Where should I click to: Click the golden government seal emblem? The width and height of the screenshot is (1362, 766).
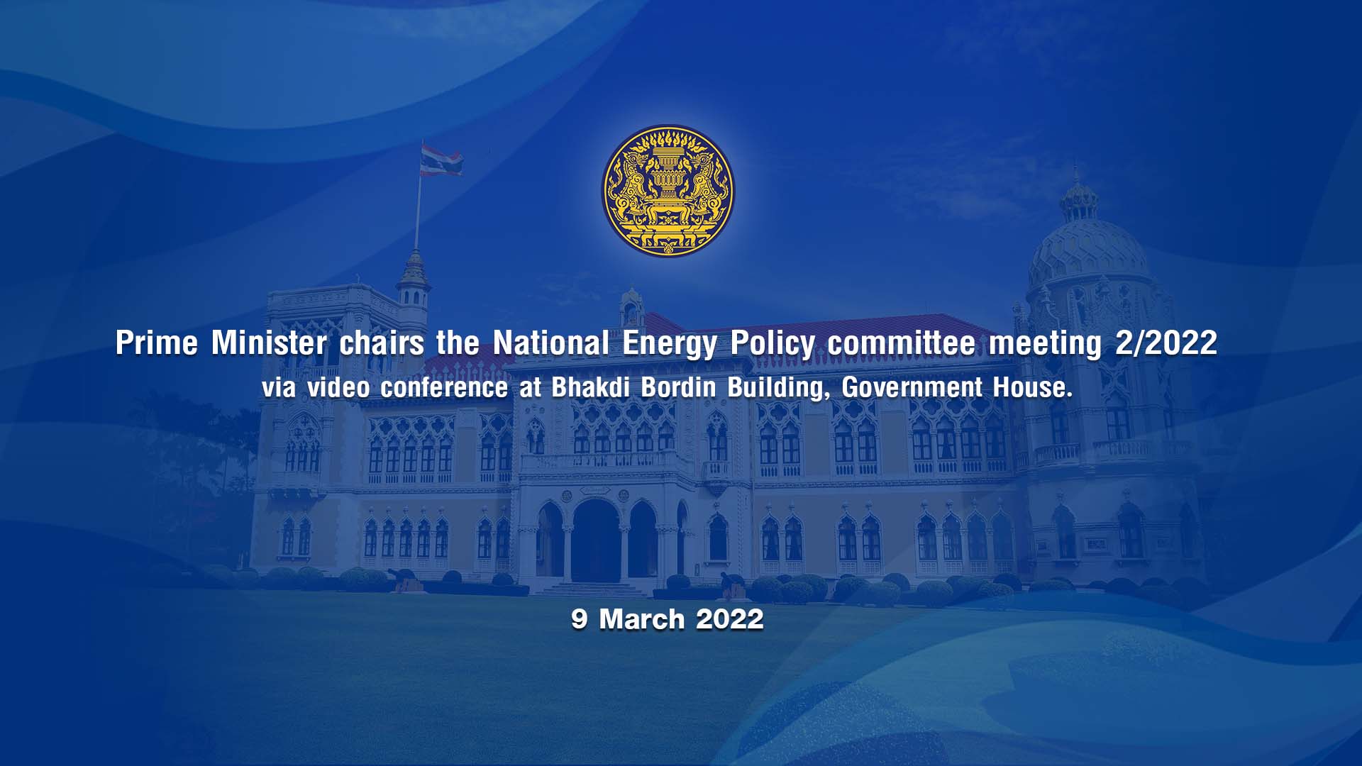(x=668, y=191)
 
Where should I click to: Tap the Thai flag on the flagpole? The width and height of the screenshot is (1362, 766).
(x=441, y=160)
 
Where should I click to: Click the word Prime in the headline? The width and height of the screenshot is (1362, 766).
(x=157, y=343)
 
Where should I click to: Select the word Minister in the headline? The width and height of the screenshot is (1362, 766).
(x=269, y=343)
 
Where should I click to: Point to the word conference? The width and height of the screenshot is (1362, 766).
(x=444, y=387)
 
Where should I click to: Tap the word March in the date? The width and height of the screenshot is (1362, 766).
(x=642, y=619)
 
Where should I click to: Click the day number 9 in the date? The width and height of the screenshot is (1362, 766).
(x=580, y=619)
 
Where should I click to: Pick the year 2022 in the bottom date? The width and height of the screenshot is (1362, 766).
(x=730, y=619)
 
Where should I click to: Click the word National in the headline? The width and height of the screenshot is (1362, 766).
(x=551, y=343)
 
